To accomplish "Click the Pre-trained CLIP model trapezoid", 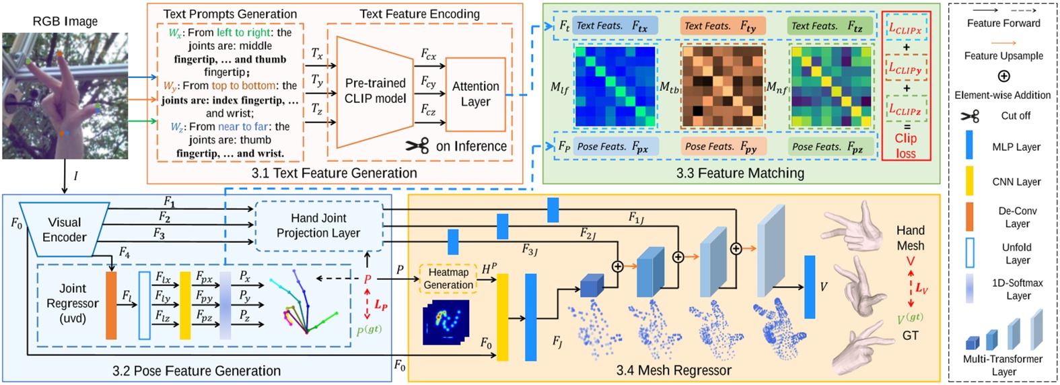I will [x=374, y=91].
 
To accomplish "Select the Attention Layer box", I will [x=475, y=94].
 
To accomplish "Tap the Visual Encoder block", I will [x=65, y=230].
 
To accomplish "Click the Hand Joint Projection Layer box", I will [x=318, y=225].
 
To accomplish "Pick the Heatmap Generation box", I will [x=448, y=279].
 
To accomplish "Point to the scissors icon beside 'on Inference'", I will [x=417, y=146].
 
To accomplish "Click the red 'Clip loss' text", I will [x=905, y=145].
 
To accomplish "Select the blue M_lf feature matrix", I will [x=615, y=86].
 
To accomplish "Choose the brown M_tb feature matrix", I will [x=722, y=86].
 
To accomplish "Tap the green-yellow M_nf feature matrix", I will [x=831, y=86].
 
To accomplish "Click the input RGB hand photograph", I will [x=65, y=96].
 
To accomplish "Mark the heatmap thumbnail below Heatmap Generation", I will [x=446, y=323].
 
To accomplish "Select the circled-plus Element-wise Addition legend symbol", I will [x=1003, y=76].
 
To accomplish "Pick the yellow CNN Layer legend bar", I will [x=969, y=181].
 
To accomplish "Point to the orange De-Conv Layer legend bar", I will [x=969, y=217].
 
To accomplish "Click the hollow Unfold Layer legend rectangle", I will [x=969, y=253].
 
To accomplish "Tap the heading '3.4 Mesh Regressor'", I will [x=673, y=370].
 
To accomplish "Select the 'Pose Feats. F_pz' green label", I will [x=831, y=147].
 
